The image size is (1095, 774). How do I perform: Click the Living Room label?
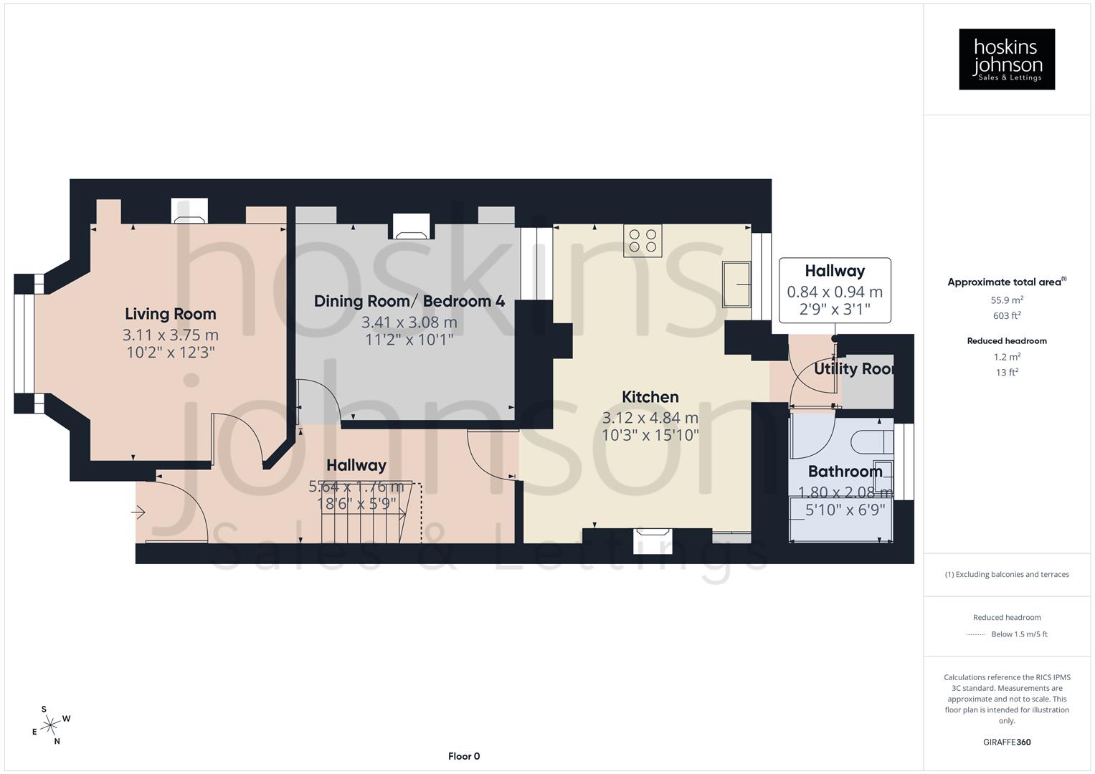(x=171, y=314)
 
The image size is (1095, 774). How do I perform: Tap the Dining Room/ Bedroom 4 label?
(x=409, y=301)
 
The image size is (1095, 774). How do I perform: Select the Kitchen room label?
(x=650, y=397)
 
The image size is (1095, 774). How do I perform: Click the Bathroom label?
(x=845, y=472)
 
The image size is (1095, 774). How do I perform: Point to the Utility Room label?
(x=853, y=369)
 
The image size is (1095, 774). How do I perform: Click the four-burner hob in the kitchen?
(x=643, y=240)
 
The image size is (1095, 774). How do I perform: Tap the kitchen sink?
(x=736, y=285)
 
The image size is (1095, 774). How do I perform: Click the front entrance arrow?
(x=138, y=512)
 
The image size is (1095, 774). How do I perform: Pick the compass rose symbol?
(x=50, y=725)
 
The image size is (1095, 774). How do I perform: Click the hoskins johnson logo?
(x=1007, y=59)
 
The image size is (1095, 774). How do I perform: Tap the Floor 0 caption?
(x=464, y=756)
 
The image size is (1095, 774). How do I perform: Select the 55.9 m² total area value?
(x=1007, y=300)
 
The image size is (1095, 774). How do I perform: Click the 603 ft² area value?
(x=1007, y=316)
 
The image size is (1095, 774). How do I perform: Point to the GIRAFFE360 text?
(x=1007, y=742)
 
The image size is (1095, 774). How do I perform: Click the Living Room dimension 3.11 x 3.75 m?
(x=171, y=335)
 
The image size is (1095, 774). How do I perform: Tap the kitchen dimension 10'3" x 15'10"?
(x=650, y=435)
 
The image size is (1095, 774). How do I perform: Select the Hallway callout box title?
(x=835, y=271)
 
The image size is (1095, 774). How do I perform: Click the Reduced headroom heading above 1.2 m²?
(x=1007, y=341)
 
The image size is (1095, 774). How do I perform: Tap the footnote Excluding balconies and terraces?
(x=1007, y=575)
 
